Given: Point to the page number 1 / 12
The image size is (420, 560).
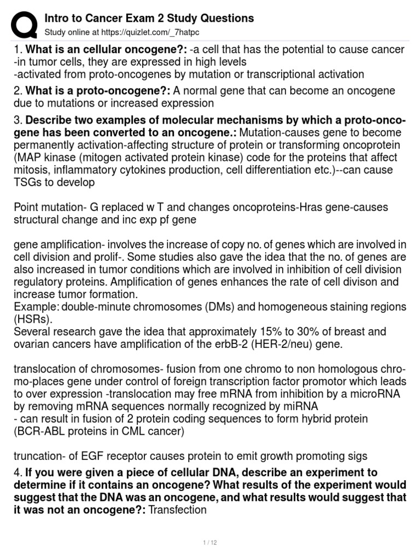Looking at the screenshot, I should [210, 542].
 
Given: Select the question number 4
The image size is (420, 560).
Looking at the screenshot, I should [17, 471].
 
